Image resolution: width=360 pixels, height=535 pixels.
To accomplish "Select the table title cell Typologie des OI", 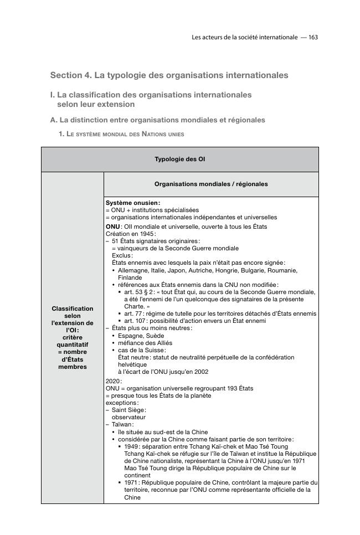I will point(179,160).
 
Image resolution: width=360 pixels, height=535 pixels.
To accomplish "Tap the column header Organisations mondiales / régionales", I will point(211,184).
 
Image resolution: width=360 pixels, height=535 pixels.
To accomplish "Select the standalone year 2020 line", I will point(113,381).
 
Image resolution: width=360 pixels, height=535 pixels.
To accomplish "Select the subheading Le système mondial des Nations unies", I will point(125,134).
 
